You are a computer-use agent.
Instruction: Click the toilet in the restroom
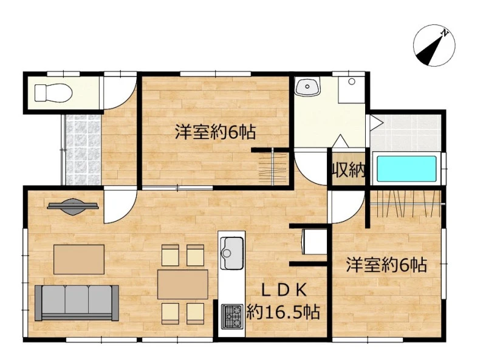coord(53,93)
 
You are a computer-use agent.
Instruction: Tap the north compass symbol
coord(434,46)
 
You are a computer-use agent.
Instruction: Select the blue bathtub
coord(406,169)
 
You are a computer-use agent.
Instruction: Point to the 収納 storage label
coord(348,169)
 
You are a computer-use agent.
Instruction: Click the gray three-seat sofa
coord(77,303)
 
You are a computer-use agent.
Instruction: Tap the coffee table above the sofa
coord(79,259)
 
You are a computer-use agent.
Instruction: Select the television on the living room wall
coord(73,206)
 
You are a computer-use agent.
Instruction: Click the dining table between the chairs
coord(183,284)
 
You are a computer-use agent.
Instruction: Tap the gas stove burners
coord(232,316)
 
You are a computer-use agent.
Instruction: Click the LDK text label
coord(284,290)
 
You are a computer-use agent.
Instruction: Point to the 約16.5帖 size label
coord(283,311)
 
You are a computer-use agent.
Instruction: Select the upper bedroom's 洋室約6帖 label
coord(215,132)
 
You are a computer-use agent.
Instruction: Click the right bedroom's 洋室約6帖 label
coord(386,265)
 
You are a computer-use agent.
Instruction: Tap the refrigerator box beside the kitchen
coord(314,242)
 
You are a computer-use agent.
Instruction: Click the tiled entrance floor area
coord(83,149)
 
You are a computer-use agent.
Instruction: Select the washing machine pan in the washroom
coord(352,90)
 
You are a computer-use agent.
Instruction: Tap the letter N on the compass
coord(445,32)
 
